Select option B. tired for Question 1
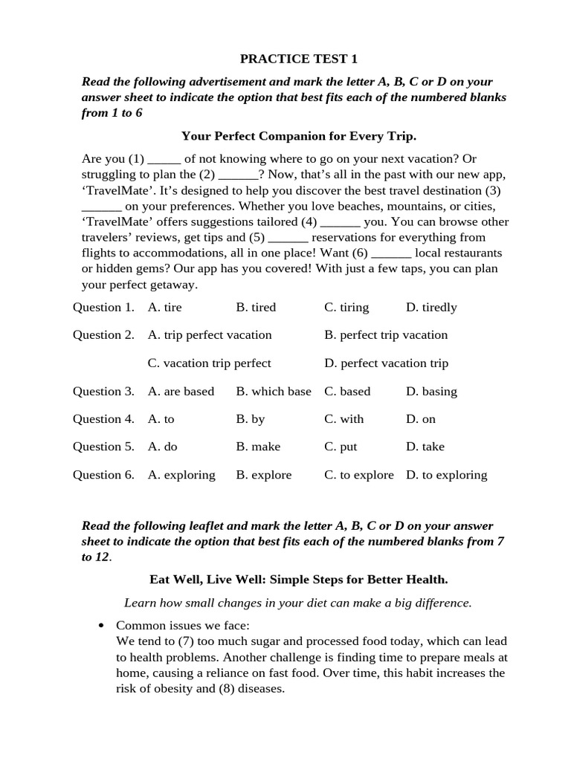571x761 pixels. pos(256,308)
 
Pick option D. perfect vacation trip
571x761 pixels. pos(386,363)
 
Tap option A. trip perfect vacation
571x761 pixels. pos(210,335)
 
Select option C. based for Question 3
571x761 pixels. pos(346,392)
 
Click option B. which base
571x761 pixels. pos(273,392)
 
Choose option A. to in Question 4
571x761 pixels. pos(161,419)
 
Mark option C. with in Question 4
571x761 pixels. pos(343,419)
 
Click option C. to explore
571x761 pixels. pos(358,475)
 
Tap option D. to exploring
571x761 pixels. pos(446,475)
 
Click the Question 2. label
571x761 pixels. pos(103,335)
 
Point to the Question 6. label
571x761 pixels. pos(103,475)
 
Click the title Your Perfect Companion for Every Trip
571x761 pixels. pos(299,136)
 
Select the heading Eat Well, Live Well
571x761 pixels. pos(299,579)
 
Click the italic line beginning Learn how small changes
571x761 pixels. pos(298,603)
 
